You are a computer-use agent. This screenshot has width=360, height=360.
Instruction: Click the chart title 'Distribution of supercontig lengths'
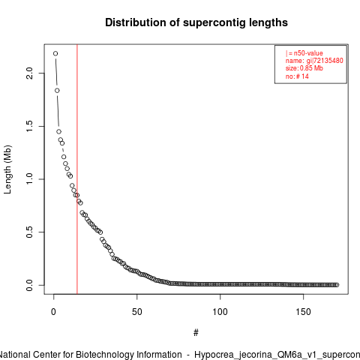[196, 22]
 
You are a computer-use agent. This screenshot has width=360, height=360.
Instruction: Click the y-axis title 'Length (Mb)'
[7, 169]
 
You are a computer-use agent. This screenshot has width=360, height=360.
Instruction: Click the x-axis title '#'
[196, 333]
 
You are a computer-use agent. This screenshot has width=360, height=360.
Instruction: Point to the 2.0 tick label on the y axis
[29, 73]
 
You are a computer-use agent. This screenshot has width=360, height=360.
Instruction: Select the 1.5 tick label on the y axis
[29, 126]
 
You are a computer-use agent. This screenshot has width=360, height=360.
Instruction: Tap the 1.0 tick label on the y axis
[29, 179]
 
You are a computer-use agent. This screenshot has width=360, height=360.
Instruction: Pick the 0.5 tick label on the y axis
[29, 232]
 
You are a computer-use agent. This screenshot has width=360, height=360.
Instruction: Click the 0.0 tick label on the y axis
[29, 285]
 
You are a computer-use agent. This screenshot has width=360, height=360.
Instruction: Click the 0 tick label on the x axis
[53, 312]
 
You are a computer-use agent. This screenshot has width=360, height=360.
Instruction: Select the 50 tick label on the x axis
[137, 312]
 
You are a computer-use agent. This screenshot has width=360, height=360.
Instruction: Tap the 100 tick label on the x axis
[220, 312]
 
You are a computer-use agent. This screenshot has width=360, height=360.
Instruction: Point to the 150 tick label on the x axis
[303, 312]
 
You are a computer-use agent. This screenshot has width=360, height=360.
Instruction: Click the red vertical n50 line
[77, 169]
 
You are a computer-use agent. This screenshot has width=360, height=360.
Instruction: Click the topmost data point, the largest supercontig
[55, 53]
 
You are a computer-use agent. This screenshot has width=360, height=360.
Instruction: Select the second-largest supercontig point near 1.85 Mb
[57, 91]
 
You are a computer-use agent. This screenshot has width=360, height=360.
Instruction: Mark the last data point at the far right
[337, 285]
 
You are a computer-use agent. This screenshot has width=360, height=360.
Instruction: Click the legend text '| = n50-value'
[304, 53]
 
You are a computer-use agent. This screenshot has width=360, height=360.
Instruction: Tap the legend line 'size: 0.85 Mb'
[304, 68]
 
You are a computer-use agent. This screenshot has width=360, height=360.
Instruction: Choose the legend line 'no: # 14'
[297, 76]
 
